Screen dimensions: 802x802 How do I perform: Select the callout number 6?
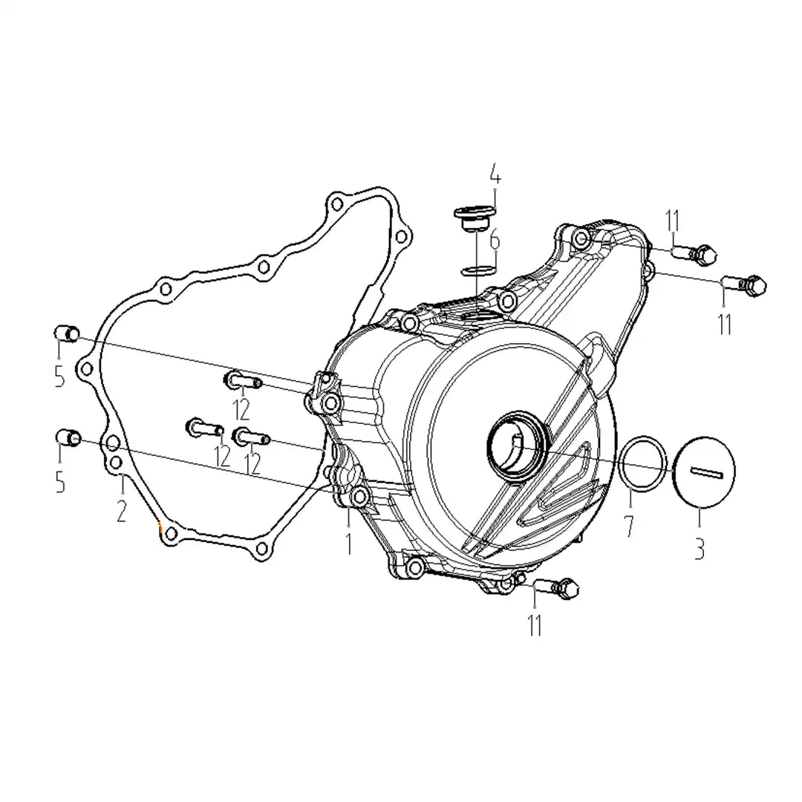[495, 241]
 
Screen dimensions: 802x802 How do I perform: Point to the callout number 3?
[700, 548]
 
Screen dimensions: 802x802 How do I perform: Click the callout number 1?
[349, 543]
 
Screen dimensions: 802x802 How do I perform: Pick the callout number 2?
[121, 510]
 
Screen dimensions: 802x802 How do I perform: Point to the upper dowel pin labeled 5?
[67, 333]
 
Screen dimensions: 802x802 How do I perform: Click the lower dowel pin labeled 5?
[68, 438]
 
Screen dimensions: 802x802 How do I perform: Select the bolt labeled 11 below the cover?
[556, 588]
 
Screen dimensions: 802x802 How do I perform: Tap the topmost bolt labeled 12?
[243, 380]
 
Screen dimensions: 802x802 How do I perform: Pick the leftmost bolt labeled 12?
[204, 427]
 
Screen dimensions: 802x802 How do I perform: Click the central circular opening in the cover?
[518, 446]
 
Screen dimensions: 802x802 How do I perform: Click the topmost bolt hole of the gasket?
[337, 205]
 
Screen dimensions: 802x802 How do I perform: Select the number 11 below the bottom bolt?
[535, 625]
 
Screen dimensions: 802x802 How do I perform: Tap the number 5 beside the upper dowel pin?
[60, 377]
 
